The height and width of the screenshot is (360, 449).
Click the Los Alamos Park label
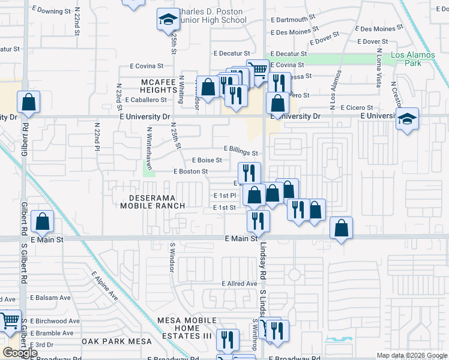point(411,59)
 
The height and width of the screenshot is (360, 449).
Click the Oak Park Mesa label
point(117,341)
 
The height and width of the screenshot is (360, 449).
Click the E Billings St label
point(241,151)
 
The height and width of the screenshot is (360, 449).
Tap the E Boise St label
point(206,160)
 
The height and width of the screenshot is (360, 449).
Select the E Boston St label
point(190,172)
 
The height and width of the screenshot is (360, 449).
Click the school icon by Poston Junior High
point(168,20)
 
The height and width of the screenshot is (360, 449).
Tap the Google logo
point(20,352)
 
